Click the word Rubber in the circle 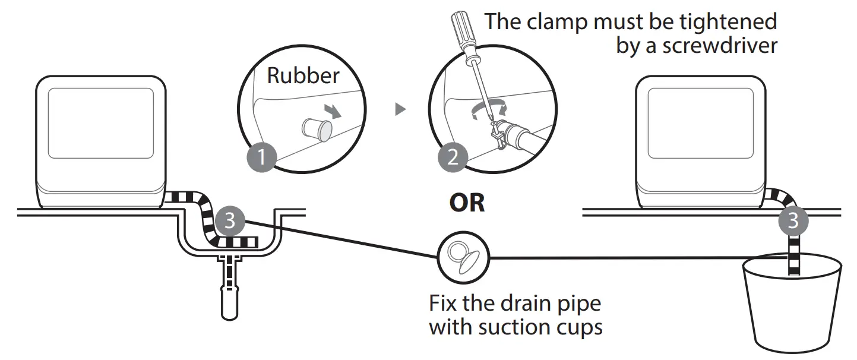click(x=303, y=75)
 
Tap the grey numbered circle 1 click(x=262, y=157)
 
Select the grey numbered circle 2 click(x=453, y=157)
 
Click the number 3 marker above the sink click(x=230, y=221)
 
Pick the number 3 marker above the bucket click(x=793, y=221)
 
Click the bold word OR click(x=467, y=203)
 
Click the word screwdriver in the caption click(x=720, y=46)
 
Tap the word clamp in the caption click(x=557, y=22)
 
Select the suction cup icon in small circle click(x=463, y=257)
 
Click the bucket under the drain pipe click(x=792, y=302)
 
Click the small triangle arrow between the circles click(x=400, y=109)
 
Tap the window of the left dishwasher click(x=101, y=123)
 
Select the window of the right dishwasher click(x=701, y=123)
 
